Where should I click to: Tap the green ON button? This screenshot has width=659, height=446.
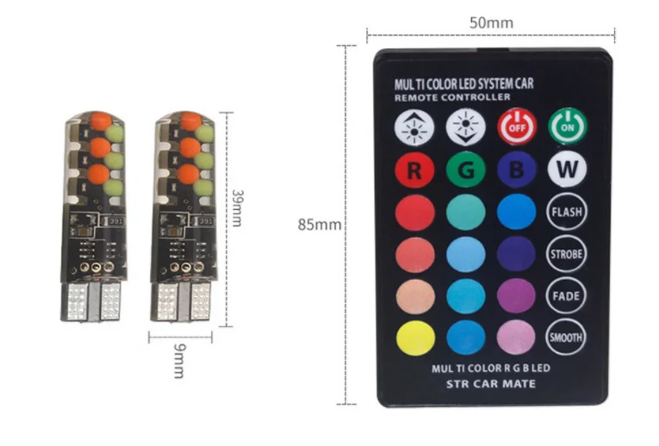568,126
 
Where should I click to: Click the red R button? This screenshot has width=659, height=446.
414,170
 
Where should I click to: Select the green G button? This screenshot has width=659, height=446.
466,170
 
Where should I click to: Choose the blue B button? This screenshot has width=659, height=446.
517,170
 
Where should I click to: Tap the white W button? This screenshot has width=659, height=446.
568,170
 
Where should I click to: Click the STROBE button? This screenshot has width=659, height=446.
567,254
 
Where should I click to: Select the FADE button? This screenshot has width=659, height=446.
566,295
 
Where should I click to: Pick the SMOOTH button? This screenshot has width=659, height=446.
566,338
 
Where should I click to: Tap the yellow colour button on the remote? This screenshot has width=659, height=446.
416,338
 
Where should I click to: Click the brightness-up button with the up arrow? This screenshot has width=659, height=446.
414,127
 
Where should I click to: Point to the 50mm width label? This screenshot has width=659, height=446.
491,22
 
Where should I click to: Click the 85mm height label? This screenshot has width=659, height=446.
320,225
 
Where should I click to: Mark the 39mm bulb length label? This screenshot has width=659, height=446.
238,208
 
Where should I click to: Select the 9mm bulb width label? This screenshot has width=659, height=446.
179,361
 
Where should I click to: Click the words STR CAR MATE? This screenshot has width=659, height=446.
491,384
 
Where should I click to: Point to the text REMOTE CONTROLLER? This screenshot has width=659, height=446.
452,97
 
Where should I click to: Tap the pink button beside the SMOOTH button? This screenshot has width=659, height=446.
516,338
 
